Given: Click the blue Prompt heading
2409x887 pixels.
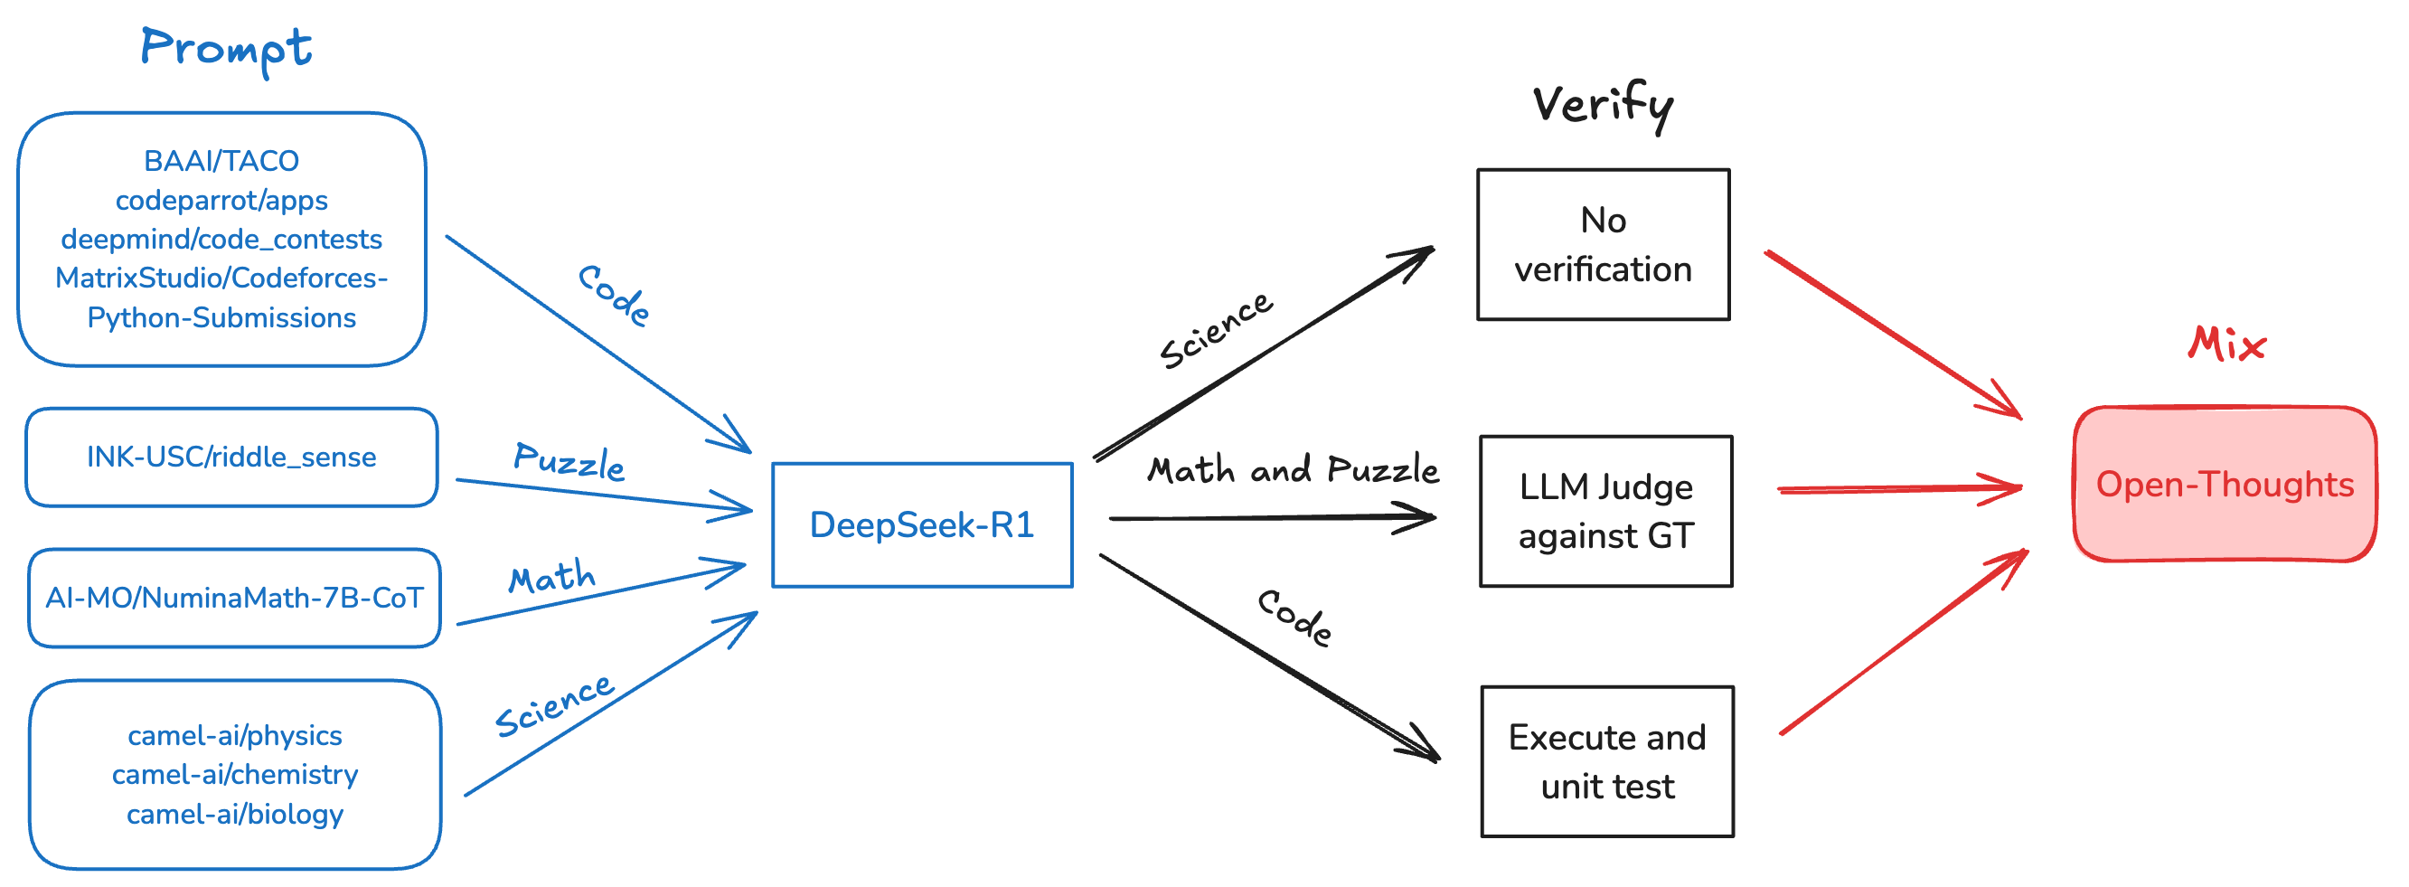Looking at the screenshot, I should point(225,49).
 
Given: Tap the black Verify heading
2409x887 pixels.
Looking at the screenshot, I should point(1602,105).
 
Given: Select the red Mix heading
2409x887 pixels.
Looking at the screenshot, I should point(2226,344).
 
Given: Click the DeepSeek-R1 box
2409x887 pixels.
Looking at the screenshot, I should point(921,525).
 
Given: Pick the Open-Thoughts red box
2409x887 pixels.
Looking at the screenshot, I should point(2224,485).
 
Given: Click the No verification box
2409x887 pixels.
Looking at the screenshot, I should point(1602,245).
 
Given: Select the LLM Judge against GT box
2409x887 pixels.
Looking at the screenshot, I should point(1604,511).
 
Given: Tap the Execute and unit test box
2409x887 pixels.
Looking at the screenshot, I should point(1605,761).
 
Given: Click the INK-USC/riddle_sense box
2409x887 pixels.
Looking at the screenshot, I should point(231,458).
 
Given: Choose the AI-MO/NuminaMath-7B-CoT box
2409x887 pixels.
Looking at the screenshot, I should point(234,598).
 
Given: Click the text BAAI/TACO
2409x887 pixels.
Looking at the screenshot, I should point(221,161).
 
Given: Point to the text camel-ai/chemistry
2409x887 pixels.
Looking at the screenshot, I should point(235,775).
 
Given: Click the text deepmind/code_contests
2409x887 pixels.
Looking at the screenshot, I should point(221,240).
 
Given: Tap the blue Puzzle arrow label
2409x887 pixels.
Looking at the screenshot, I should point(569,461).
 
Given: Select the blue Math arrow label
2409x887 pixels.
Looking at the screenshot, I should point(551,576).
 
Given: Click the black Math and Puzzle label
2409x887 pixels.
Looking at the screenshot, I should point(1293,469).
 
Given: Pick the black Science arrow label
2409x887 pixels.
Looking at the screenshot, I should point(1215,330).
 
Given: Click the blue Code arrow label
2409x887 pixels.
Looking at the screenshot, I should point(614,296).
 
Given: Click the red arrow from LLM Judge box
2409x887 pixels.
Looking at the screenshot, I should point(1898,488).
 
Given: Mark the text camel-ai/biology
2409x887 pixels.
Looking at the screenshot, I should point(235,814).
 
